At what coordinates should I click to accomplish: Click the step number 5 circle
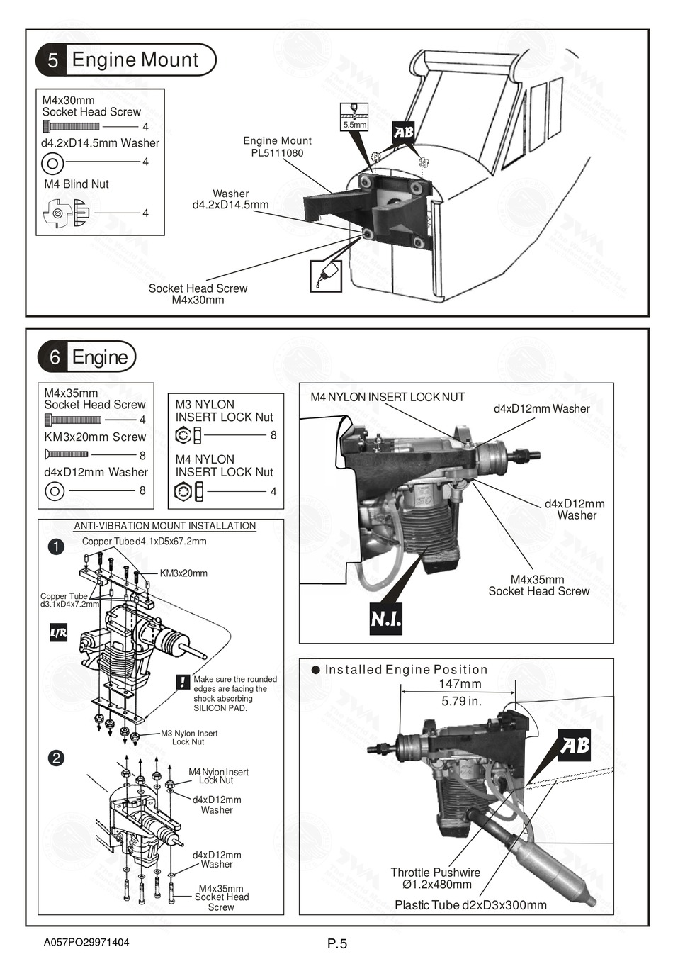point(52,60)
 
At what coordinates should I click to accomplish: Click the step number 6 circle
point(54,357)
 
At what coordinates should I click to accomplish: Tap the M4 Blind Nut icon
point(67,212)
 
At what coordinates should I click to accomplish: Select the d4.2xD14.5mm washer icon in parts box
point(52,163)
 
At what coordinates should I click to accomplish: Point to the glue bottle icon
point(326,276)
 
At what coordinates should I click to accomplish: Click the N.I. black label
point(386,619)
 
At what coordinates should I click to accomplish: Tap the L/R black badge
point(58,633)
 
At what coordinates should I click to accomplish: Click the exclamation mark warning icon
point(182,681)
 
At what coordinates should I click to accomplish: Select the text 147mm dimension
point(460,684)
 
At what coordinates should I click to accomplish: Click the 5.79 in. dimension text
point(461,701)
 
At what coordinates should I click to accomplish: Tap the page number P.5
point(337,943)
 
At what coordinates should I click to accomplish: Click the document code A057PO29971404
point(86,943)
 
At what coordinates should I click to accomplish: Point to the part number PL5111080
point(277,152)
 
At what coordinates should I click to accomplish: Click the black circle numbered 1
point(56,546)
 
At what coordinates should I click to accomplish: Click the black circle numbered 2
point(56,758)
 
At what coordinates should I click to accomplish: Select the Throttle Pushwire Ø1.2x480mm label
point(436,878)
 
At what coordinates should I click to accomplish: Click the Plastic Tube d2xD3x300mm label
point(470,905)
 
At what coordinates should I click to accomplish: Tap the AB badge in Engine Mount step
point(404,132)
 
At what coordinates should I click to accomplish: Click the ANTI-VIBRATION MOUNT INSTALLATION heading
point(165,526)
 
